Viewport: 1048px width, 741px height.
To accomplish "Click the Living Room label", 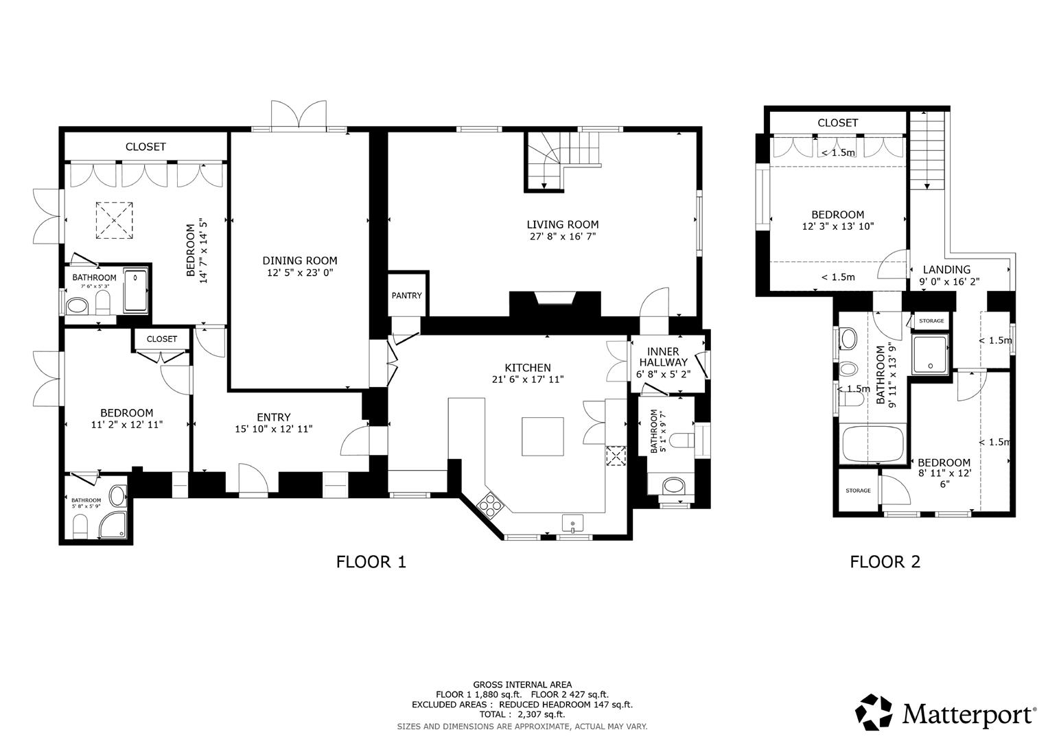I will pyautogui.click(x=562, y=224).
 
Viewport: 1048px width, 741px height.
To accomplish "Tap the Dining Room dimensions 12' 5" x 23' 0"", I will pyautogui.click(x=299, y=273).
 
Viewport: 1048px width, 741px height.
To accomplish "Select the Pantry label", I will pyautogui.click(x=406, y=296).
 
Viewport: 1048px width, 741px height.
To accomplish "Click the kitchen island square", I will pyautogui.click(x=543, y=436).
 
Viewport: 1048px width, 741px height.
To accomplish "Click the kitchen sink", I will pyautogui.click(x=572, y=524).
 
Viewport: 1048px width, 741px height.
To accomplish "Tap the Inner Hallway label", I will pyautogui.click(x=662, y=357).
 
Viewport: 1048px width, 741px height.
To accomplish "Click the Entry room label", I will pyautogui.click(x=273, y=417).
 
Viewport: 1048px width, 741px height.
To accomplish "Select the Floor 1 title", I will pyautogui.click(x=371, y=562).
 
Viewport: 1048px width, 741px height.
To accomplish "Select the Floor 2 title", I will pyautogui.click(x=885, y=562).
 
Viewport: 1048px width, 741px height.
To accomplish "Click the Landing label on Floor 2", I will pyautogui.click(x=946, y=270).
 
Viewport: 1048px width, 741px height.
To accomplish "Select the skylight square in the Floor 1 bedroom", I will pyautogui.click(x=114, y=220).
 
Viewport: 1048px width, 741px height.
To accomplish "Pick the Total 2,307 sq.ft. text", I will pyautogui.click(x=522, y=714).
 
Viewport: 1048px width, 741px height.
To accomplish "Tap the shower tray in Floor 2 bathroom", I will pyautogui.click(x=931, y=354).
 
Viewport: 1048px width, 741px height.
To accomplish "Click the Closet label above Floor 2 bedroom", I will pyautogui.click(x=837, y=123).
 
